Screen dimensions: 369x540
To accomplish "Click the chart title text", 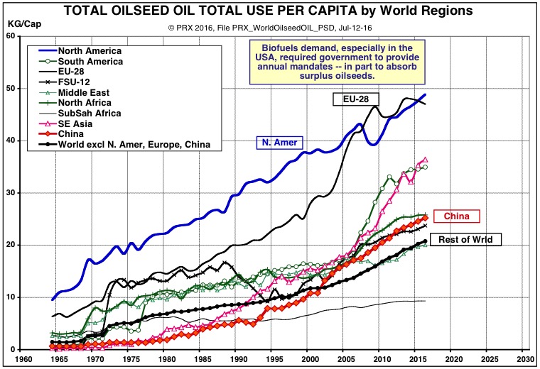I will pos(270,11).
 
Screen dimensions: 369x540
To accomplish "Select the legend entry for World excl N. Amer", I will pos(121,145).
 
